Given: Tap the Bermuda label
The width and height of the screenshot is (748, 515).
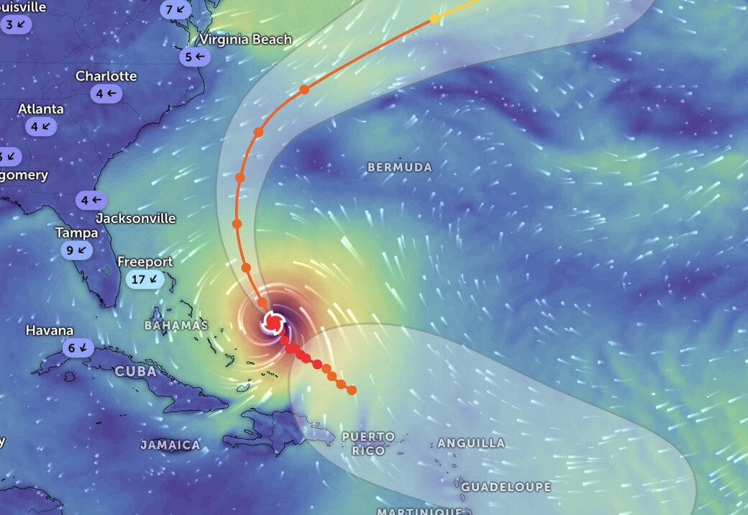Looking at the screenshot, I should (x=400, y=167).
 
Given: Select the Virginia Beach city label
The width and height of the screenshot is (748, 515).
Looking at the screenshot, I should (x=246, y=40).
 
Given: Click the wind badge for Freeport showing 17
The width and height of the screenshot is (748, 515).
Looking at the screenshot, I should (x=145, y=279).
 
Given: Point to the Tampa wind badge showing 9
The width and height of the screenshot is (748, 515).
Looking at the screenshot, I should (x=77, y=250).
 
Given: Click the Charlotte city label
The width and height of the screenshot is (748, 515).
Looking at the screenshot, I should (x=106, y=76).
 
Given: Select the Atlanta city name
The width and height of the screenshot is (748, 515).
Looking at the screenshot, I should (x=41, y=109).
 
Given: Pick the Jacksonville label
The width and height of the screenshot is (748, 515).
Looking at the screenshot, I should (x=136, y=218).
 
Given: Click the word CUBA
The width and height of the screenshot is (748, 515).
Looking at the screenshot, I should (x=135, y=371).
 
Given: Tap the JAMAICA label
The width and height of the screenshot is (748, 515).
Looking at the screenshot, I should (x=170, y=445).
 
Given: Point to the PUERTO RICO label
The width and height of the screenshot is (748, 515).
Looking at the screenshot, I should (x=368, y=443).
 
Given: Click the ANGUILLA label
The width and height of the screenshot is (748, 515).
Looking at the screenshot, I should (x=471, y=443).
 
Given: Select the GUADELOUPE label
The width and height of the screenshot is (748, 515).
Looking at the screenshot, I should (x=506, y=487).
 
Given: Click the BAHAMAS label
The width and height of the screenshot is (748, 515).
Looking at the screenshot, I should (x=175, y=325).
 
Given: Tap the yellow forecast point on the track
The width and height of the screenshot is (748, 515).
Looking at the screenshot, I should (x=434, y=18).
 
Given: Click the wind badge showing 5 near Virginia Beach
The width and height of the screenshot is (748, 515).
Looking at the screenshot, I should (x=194, y=57).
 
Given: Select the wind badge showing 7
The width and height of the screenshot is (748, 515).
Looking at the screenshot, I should (x=176, y=10).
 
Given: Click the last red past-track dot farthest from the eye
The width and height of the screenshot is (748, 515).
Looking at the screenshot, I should (x=352, y=390).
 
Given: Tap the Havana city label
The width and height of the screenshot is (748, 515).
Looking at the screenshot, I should (x=50, y=331).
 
